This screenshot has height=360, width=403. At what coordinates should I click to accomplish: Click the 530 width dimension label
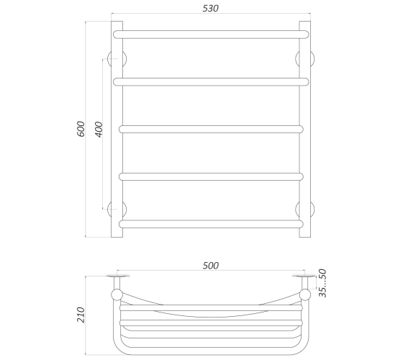coord(210,8)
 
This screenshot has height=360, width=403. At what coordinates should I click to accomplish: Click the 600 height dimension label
coord(81,129)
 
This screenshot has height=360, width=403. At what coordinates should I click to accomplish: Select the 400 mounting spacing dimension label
coord(99,130)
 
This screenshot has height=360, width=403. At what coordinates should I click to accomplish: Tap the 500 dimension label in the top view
coord(210,266)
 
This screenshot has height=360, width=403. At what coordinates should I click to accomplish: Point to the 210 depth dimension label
coord(81,315)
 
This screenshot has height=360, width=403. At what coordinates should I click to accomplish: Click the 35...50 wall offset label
coord(322,283)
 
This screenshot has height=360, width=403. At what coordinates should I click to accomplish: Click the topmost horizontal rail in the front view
coord(211,35)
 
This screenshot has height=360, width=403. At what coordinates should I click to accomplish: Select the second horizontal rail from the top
coord(211,82)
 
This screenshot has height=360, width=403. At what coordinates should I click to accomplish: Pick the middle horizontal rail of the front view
coord(211,129)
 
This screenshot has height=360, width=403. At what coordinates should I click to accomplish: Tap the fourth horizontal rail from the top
coord(211,176)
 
